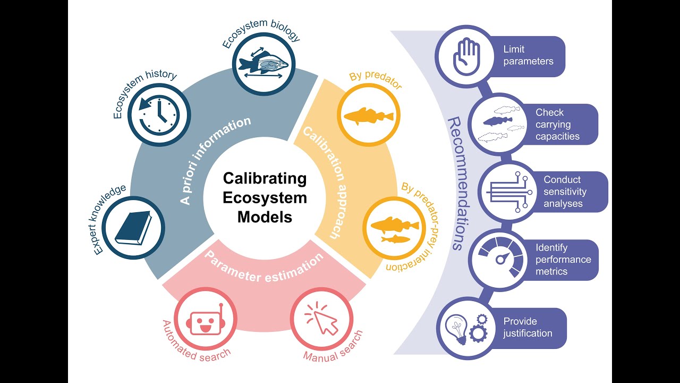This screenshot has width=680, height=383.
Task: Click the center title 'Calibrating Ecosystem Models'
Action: (265, 197)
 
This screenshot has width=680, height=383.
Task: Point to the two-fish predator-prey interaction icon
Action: (393, 229)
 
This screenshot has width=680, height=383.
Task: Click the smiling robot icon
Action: (203, 321)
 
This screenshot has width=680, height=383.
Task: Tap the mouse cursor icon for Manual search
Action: (321, 320)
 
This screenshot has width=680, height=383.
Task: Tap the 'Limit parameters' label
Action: (528, 55)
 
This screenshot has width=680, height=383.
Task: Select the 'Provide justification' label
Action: (528, 327)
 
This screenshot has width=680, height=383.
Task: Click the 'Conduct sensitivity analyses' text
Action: (563, 191)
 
